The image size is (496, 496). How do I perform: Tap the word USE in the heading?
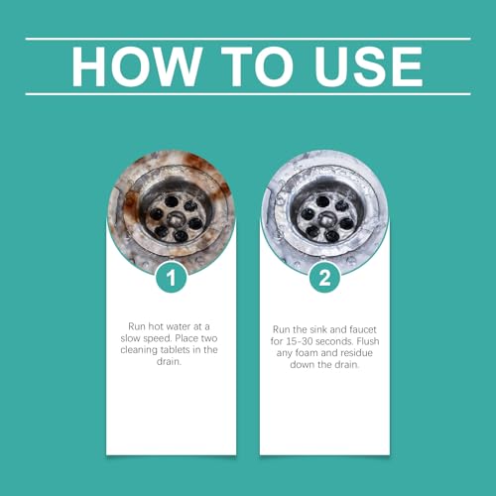click(x=369, y=66)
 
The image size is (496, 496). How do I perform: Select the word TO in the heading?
click(x=258, y=66)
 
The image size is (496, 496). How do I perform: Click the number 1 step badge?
click(x=171, y=278)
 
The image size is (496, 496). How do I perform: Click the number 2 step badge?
click(x=324, y=278)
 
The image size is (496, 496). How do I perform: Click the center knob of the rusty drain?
click(x=175, y=218)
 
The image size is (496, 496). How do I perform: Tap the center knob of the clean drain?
click(x=325, y=218)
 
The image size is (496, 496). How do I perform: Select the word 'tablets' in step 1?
click(x=175, y=350)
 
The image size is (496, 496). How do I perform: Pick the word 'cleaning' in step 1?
click(x=139, y=350)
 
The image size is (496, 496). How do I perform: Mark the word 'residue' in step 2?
click(x=356, y=353)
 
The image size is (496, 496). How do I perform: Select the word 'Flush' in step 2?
click(x=368, y=341)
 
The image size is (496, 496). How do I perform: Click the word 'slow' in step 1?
click(x=130, y=338)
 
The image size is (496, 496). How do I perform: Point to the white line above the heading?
click(x=248, y=39)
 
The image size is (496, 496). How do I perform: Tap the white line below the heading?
click(x=248, y=94)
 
